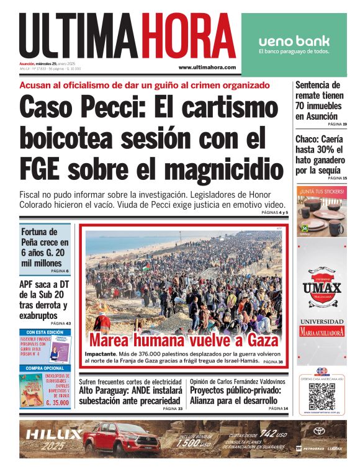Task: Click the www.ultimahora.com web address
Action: (x=207, y=67)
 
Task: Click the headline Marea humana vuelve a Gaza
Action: (x=183, y=340)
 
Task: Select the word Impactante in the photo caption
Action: (x=100, y=353)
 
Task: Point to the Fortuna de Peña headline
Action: (x=45, y=248)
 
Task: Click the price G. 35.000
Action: (x=56, y=403)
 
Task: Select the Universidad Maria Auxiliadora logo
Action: (x=322, y=327)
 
